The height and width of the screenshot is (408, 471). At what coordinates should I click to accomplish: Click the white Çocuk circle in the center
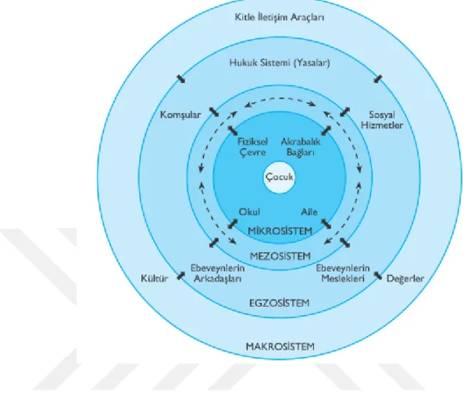pyautogui.click(x=279, y=177)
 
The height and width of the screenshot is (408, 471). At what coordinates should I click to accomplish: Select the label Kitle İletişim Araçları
pyautogui.click(x=280, y=17)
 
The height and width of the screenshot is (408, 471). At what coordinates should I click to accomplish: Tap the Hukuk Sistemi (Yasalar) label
pyautogui.click(x=280, y=63)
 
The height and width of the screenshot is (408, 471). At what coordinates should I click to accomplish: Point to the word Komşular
pyautogui.click(x=180, y=115)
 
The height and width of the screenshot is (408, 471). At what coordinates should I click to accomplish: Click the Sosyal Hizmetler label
pyautogui.click(x=382, y=119)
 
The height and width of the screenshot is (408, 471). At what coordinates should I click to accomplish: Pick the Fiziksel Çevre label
pyautogui.click(x=252, y=147)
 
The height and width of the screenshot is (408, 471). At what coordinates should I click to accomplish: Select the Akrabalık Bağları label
pyautogui.click(x=301, y=147)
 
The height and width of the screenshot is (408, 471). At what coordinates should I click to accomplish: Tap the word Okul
pyautogui.click(x=249, y=212)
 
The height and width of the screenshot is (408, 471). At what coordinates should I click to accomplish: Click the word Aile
pyautogui.click(x=309, y=212)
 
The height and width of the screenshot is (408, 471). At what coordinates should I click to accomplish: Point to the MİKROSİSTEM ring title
pyautogui.click(x=280, y=231)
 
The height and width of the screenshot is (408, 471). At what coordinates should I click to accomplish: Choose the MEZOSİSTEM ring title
pyautogui.click(x=280, y=256)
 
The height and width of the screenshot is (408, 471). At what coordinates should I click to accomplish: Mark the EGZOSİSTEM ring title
pyautogui.click(x=279, y=303)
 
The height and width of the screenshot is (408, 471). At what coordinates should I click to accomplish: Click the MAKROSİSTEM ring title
pyautogui.click(x=280, y=347)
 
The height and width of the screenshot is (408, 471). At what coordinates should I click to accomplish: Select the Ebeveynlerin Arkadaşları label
pyautogui.click(x=217, y=273)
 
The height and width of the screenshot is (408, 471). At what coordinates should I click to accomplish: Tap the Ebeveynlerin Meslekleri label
pyautogui.click(x=342, y=273)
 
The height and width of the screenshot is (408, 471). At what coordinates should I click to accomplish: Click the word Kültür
pyautogui.click(x=155, y=279)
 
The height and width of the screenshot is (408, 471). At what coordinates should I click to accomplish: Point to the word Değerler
pyautogui.click(x=405, y=279)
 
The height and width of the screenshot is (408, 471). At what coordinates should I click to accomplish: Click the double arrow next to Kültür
pyautogui.click(x=180, y=275)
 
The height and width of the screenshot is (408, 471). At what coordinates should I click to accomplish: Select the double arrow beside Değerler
pyautogui.click(x=377, y=275)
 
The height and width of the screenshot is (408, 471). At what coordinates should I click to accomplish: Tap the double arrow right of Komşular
pyautogui.click(x=214, y=112)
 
